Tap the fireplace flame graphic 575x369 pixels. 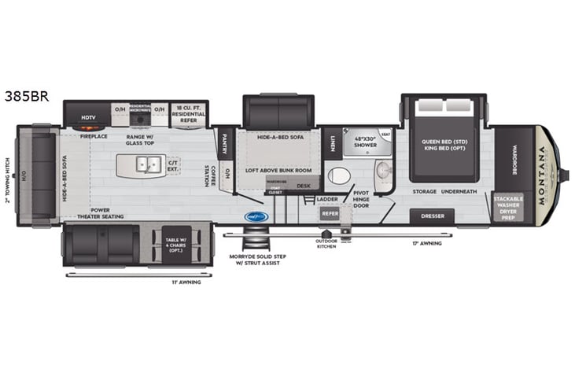tap(88, 127)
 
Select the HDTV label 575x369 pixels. tap(88, 118)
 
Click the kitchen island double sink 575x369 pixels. tap(145, 165)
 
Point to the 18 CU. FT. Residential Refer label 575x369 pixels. tap(189, 113)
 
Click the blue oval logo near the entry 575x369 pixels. tap(256, 216)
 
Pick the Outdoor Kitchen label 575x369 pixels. tap(326, 244)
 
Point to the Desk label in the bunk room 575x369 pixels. tap(303, 186)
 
